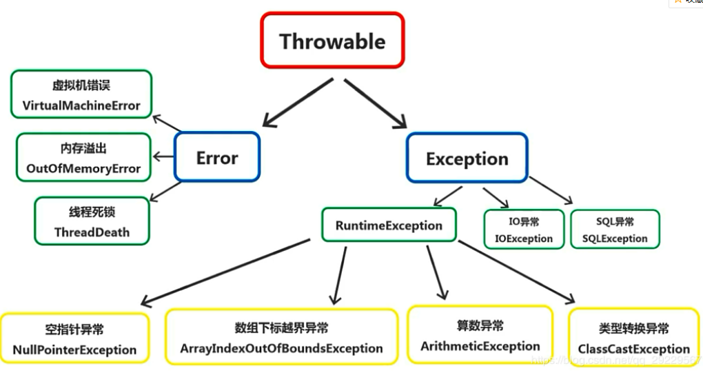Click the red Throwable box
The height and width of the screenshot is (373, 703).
point(332,41)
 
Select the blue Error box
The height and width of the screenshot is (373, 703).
point(217,158)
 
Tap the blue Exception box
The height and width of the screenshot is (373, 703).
point(467,159)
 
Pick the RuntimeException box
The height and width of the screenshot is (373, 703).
point(389,225)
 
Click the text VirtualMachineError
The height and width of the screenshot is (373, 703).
point(81,105)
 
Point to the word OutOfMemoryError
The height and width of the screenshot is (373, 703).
point(83,168)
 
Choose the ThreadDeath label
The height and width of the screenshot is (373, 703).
point(92,232)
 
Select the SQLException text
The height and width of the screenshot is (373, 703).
point(615,239)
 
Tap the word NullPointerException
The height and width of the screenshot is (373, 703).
point(74,350)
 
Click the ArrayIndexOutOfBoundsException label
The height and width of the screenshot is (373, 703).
point(281,348)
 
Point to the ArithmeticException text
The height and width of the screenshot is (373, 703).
point(480,345)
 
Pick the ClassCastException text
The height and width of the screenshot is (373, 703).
point(633,349)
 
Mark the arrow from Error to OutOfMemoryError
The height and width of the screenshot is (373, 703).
point(164,157)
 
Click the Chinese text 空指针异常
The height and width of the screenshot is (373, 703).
point(74,330)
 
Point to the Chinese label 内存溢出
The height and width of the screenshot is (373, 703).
point(83,149)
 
